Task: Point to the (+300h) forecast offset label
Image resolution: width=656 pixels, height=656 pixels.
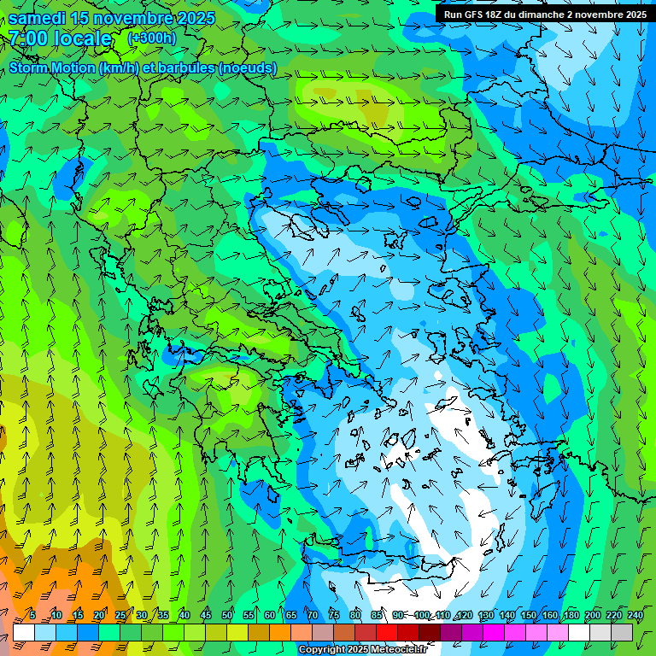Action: click(x=152, y=38)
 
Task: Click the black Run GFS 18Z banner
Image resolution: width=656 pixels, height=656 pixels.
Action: click(x=545, y=15)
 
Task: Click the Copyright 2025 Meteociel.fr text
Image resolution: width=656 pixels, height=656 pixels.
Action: click(x=361, y=650)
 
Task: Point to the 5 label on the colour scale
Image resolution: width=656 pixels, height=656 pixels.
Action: click(x=32, y=615)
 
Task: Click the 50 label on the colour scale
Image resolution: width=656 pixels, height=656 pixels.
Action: click(x=227, y=615)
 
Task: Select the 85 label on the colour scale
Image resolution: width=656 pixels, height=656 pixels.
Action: click(x=377, y=615)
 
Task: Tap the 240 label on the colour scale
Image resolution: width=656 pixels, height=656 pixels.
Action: click(x=634, y=615)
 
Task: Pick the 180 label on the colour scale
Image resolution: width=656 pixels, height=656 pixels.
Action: click(x=571, y=615)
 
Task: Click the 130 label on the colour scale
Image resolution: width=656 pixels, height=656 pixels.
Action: click(x=485, y=615)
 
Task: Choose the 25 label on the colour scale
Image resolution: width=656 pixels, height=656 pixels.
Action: click(x=120, y=615)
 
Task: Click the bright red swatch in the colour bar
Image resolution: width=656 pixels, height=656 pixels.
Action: click(x=387, y=632)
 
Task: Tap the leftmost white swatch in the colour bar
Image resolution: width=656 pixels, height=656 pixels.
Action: click(x=24, y=632)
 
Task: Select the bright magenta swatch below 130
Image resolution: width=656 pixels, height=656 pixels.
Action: click(x=495, y=632)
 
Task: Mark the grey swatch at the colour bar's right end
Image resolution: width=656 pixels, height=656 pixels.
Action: click(x=623, y=632)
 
